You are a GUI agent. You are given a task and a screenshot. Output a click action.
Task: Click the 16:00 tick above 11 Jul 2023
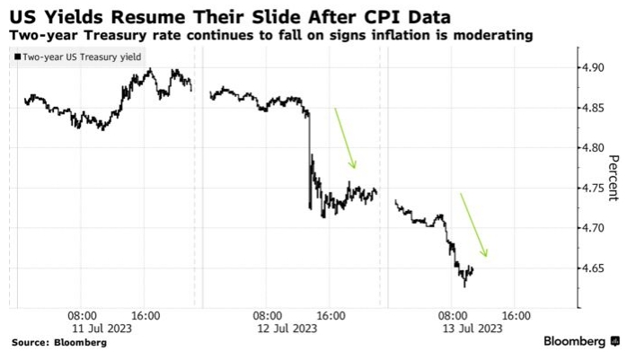(146, 316)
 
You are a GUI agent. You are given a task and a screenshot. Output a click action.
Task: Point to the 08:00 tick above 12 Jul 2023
(267, 316)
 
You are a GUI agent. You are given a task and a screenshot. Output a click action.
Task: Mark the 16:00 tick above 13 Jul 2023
(515, 316)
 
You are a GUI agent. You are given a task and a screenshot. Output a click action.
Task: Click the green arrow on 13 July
(473, 224)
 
